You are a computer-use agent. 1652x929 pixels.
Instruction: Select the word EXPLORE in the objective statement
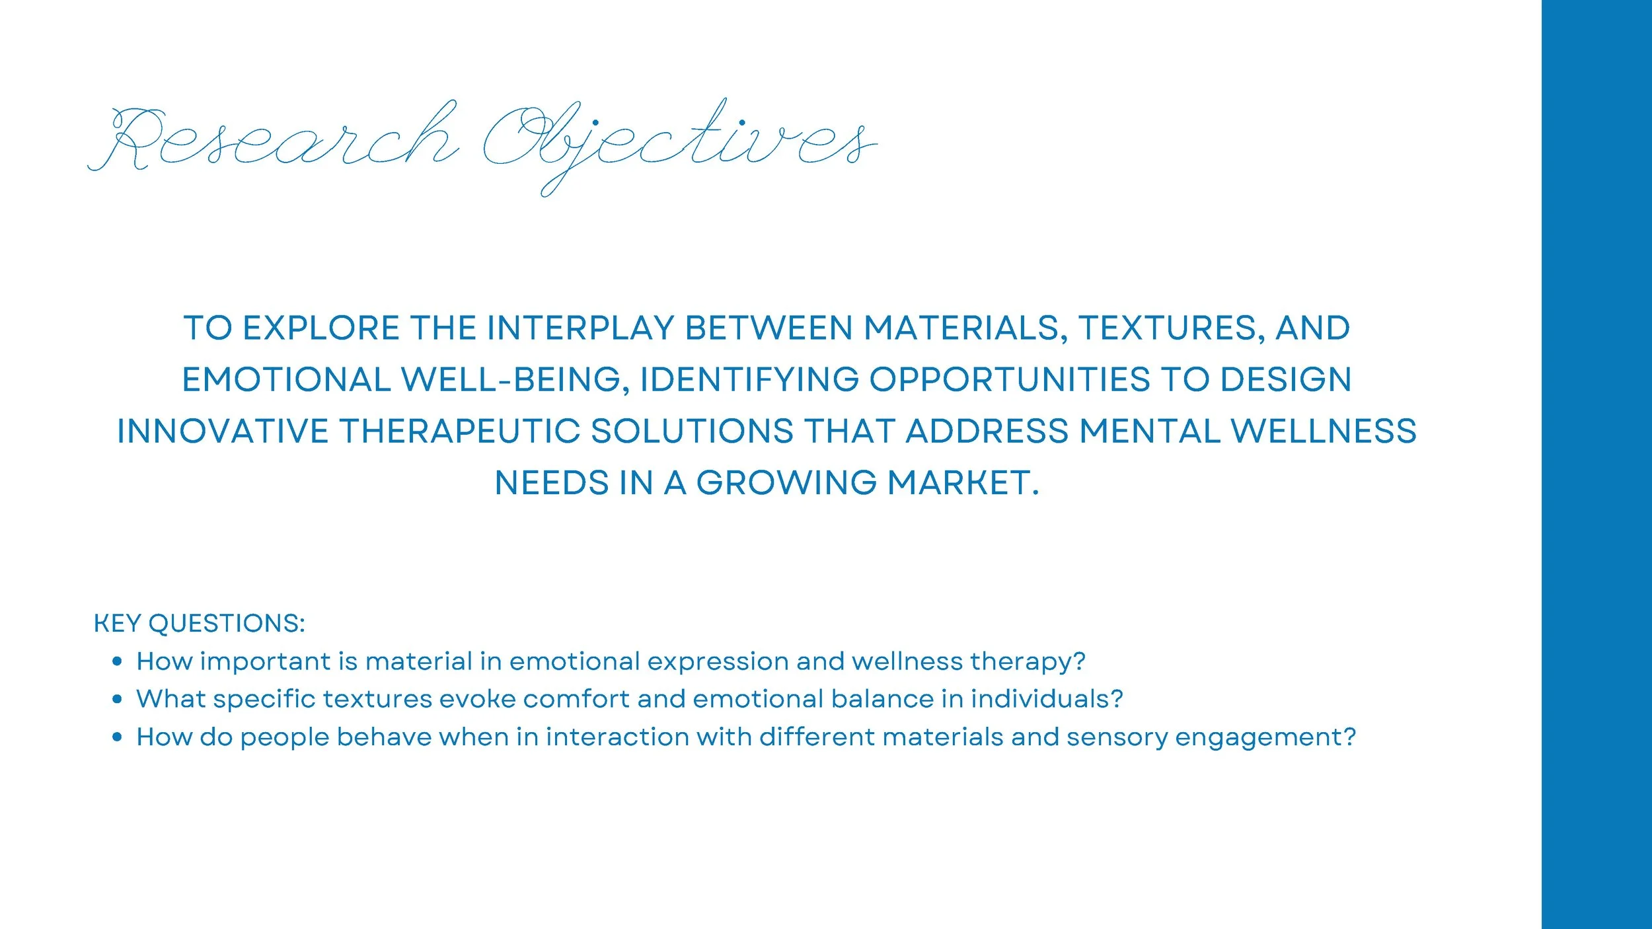pyautogui.click(x=320, y=328)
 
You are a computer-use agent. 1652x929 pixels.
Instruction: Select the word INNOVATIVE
pyautogui.click(x=223, y=431)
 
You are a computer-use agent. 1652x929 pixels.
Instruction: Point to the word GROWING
pyautogui.click(x=786, y=483)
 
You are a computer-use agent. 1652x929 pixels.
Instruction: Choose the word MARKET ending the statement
pyautogui.click(x=962, y=483)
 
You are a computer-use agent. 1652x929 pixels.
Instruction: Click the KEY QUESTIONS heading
pyautogui.click(x=199, y=624)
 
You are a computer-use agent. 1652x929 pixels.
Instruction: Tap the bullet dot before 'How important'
pyautogui.click(x=118, y=661)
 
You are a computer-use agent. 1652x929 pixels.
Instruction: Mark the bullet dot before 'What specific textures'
pyautogui.click(x=118, y=699)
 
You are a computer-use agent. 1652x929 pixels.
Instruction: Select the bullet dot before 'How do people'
pyautogui.click(x=118, y=737)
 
